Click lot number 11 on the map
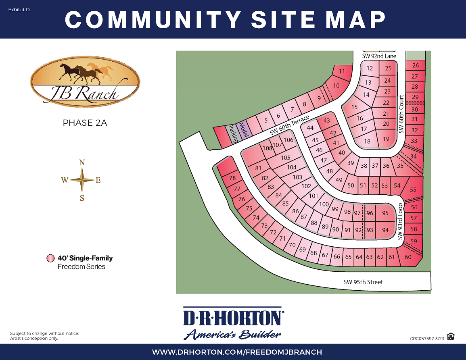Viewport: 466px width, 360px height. coord(342,72)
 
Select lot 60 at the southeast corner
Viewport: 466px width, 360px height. coord(408,257)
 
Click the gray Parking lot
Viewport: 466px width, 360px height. coord(233,133)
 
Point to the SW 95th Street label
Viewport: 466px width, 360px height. coord(363,282)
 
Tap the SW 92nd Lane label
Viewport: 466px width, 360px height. coord(379,56)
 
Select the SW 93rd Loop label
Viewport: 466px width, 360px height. coord(400,222)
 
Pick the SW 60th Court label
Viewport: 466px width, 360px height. coord(401,114)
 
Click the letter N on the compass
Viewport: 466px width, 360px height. coord(82,162)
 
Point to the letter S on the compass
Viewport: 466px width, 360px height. coord(82,198)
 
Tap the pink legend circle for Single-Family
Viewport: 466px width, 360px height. coord(50,258)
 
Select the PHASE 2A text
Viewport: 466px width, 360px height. coord(85,123)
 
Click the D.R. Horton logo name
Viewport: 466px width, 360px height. coord(233,317)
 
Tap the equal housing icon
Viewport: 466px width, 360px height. coord(451,336)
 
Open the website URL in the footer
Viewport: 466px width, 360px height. coord(237,352)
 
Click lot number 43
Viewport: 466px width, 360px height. coord(327,121)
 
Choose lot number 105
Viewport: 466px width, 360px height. coord(285,158)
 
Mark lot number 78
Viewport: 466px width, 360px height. coord(232,178)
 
